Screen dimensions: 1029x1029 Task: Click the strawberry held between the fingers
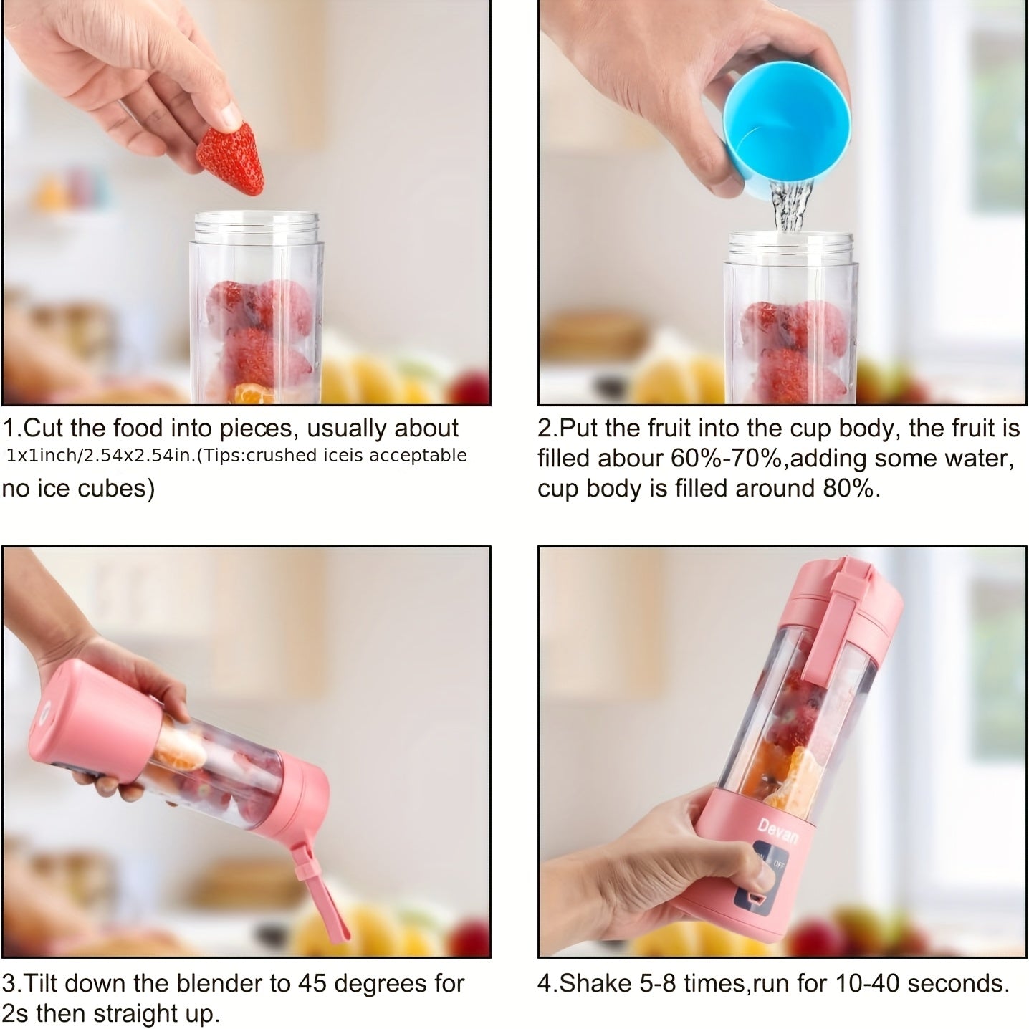tap(231, 158)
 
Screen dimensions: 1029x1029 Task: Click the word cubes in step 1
tap(118, 488)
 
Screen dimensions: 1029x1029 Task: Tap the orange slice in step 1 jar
tap(252, 393)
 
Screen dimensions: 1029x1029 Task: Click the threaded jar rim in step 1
tap(257, 227)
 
